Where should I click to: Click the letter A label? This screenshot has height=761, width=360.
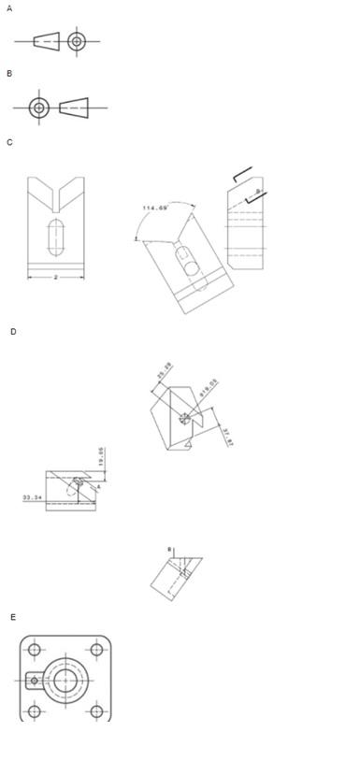[x=9, y=8]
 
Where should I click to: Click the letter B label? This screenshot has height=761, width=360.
[x=9, y=73]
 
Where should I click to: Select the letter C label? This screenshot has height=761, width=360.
[x=9, y=142]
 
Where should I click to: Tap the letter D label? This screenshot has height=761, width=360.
[x=13, y=332]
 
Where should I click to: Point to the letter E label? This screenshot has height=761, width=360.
[x=13, y=617]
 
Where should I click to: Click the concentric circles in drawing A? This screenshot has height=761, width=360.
[x=77, y=41]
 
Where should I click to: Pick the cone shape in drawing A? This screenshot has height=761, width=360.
[x=46, y=41]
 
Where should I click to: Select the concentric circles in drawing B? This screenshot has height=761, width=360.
[x=38, y=108]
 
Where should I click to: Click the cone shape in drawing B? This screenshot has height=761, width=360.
[x=74, y=108]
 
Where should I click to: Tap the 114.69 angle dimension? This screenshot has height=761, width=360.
[x=155, y=208]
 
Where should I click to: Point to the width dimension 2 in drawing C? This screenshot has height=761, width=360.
[x=55, y=277]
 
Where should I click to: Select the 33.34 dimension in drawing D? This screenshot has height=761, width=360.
[x=32, y=497]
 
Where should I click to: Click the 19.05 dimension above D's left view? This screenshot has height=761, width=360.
[x=102, y=458]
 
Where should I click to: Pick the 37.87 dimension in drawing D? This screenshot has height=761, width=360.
[x=227, y=436]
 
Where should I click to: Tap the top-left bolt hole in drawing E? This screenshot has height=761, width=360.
[x=35, y=650]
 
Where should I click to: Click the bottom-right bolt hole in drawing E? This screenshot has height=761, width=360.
[x=95, y=711]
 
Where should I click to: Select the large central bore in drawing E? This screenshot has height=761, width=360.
[x=65, y=680]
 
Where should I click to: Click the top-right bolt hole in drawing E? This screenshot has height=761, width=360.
[x=95, y=650]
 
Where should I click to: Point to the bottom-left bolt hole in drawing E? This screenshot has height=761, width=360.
[x=35, y=711]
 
